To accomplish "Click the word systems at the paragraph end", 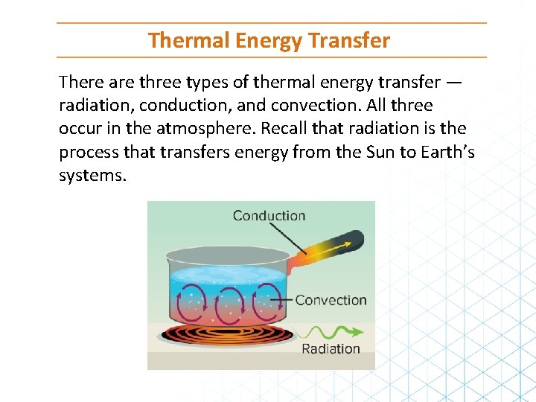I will (x=92, y=176).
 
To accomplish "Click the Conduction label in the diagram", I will (x=269, y=216).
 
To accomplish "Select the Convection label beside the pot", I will (x=331, y=300).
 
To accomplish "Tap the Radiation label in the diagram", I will (x=331, y=348).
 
